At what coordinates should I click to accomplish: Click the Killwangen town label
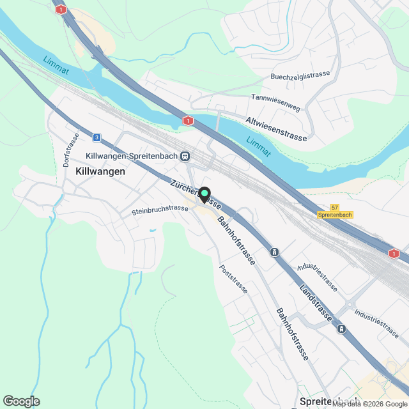tap(100, 171)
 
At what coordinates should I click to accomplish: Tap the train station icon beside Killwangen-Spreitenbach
tap(185, 156)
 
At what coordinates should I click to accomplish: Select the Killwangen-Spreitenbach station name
tap(132, 157)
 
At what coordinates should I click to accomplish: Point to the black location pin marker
tap(204, 194)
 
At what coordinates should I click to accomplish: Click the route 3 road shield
tap(96, 137)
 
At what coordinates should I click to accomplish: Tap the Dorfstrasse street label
tap(70, 150)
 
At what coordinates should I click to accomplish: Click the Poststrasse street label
tap(233, 279)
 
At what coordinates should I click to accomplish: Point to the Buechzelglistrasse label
tap(300, 75)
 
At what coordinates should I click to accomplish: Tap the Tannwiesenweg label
tap(275, 102)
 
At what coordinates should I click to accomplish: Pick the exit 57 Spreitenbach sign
tap(334, 212)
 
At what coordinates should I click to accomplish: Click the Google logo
tap(21, 401)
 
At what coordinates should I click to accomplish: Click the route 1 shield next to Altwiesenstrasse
tap(187, 120)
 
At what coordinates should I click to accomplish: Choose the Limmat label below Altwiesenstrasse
tap(258, 146)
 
